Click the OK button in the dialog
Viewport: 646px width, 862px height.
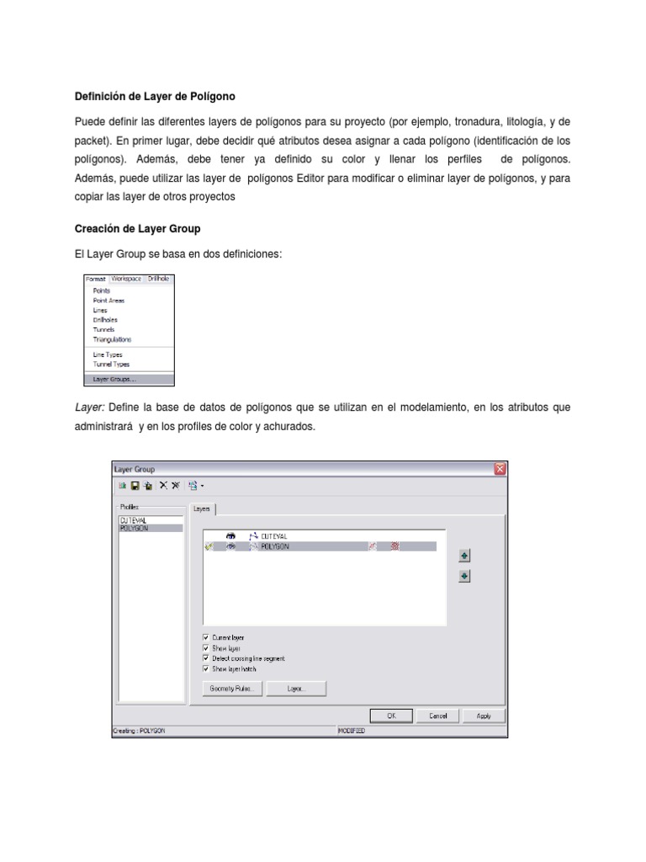(391, 716)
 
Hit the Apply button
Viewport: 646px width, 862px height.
(484, 716)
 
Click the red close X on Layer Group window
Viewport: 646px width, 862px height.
(500, 469)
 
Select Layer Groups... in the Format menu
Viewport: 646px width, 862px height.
(114, 379)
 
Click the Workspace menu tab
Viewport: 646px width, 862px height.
(126, 278)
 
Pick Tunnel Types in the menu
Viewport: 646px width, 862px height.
(111, 364)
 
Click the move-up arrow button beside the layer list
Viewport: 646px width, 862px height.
(464, 556)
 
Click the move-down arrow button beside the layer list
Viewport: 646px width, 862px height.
(464, 577)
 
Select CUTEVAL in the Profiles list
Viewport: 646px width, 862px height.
(134, 520)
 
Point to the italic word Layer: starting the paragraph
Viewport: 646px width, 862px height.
(89, 407)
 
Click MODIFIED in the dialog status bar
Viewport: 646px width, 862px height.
(352, 731)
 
